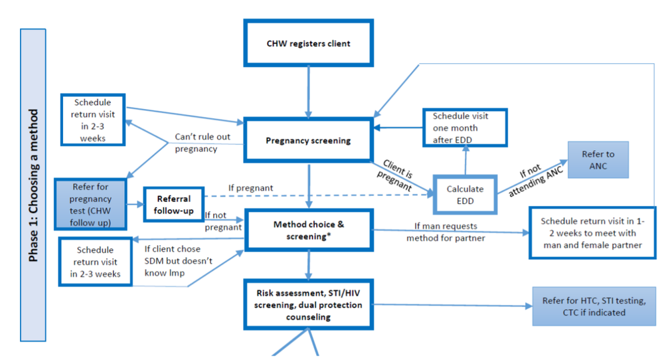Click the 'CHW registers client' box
coord(309,44)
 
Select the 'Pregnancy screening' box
coord(308,141)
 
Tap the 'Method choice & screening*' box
coord(308,230)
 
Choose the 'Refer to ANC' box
coord(598,159)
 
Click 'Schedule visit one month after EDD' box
coord(465,128)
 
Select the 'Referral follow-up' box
coord(173,204)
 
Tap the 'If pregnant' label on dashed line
coord(250,188)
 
